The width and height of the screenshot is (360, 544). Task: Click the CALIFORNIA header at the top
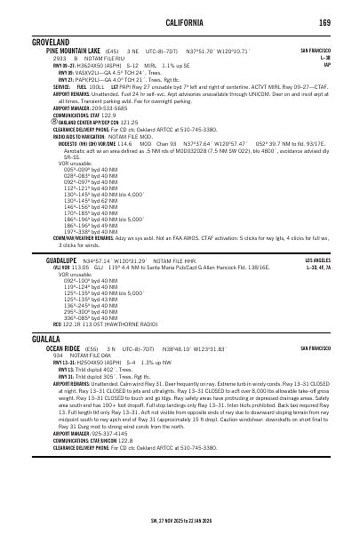[x=180, y=21]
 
